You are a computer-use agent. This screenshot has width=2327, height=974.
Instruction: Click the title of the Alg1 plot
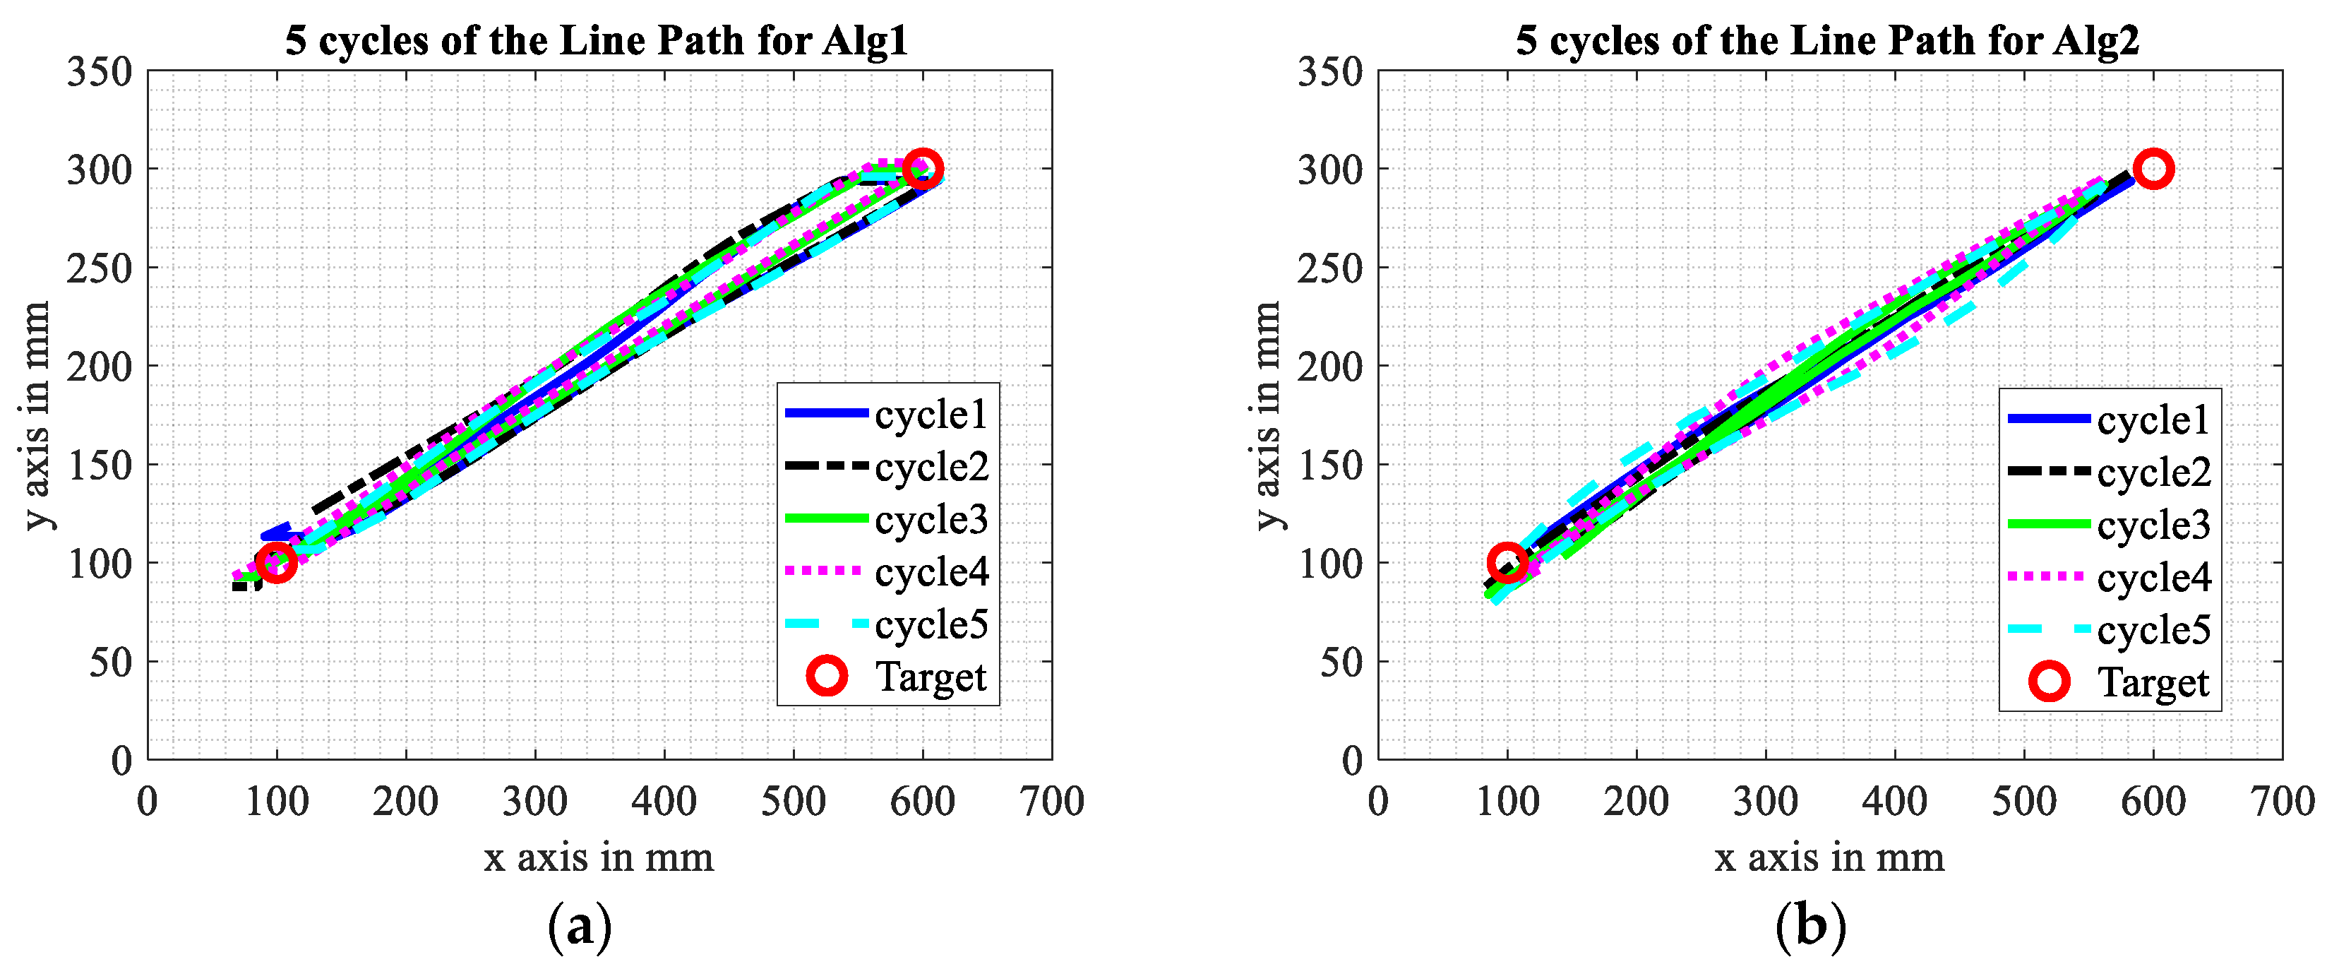pos(596,41)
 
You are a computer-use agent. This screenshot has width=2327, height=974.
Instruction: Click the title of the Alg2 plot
pos(1826,41)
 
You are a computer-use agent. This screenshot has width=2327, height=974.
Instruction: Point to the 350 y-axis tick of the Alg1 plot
pos(100,72)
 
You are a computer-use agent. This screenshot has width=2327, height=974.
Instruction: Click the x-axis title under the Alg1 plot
pos(599,857)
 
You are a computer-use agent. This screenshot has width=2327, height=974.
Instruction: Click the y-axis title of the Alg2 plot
pos(1268,415)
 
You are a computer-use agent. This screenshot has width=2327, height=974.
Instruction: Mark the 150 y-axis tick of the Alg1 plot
pos(100,465)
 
